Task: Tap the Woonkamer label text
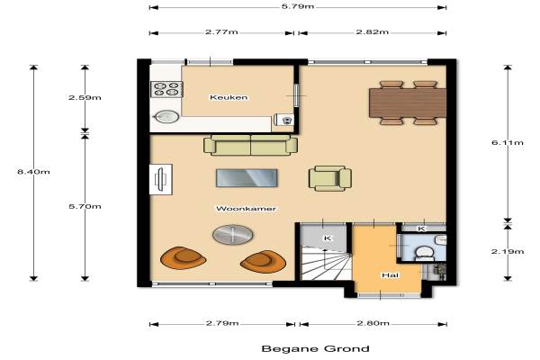(246, 209)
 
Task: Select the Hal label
(391, 275)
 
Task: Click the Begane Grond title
(316, 349)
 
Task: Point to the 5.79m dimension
(298, 6)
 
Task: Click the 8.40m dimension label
(34, 172)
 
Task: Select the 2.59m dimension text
(85, 97)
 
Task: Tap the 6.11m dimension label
(508, 142)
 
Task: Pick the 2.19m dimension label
(508, 251)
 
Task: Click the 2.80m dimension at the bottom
(373, 323)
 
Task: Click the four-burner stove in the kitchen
(166, 89)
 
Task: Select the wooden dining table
(408, 103)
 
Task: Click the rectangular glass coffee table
(247, 178)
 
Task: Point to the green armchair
(330, 178)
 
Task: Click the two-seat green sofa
(250, 145)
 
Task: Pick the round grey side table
(233, 235)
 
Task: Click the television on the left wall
(160, 179)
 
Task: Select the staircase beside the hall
(326, 263)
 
